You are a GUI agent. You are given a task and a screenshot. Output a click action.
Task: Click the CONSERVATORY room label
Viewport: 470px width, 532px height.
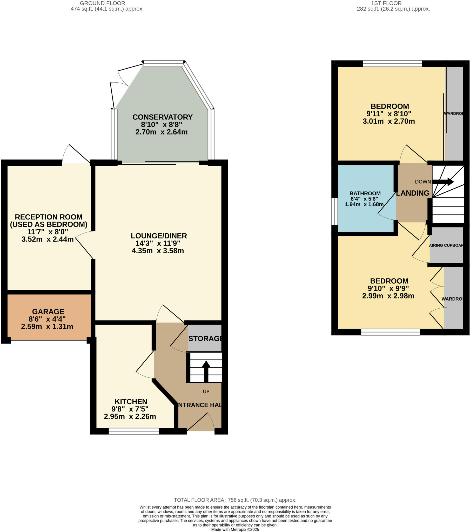pyautogui.click(x=162, y=117)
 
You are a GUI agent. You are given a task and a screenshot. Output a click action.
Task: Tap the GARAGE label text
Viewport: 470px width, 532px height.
pyautogui.click(x=48, y=311)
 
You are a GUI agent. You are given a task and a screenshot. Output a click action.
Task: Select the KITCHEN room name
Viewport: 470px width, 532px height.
pyautogui.click(x=131, y=402)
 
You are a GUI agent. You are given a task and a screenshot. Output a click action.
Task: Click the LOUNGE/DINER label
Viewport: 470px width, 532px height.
pyautogui.click(x=159, y=236)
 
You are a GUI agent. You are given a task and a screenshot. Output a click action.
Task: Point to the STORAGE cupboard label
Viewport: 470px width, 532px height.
pyautogui.click(x=205, y=339)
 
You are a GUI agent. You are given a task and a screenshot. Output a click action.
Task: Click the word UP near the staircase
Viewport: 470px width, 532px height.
pyautogui.click(x=206, y=391)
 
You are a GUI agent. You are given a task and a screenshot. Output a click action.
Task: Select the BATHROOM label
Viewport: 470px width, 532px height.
pyautogui.click(x=365, y=193)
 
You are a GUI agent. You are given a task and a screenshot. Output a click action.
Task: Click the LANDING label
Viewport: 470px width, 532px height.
pyautogui.click(x=413, y=193)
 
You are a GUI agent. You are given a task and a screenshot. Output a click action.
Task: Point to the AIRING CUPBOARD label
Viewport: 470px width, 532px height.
pyautogui.click(x=446, y=245)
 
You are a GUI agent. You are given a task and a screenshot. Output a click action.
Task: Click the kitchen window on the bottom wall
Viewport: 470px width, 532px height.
pyautogui.click(x=134, y=431)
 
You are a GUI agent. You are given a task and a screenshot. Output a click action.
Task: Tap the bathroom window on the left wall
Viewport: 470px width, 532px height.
pyautogui.click(x=334, y=211)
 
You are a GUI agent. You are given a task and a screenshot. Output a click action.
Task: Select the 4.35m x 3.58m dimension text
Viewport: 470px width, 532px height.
pyautogui.click(x=158, y=251)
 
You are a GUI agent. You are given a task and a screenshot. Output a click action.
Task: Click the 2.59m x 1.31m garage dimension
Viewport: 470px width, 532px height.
pyautogui.click(x=47, y=326)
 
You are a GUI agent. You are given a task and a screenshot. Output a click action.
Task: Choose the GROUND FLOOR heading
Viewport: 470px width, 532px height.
pyautogui.click(x=102, y=3)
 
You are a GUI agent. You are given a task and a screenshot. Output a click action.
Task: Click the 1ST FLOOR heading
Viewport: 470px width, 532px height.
pyautogui.click(x=386, y=3)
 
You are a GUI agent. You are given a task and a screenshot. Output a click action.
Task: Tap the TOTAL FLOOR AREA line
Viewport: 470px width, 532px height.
pyautogui.click(x=235, y=500)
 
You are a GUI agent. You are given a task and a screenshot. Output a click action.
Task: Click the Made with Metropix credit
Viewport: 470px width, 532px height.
pyautogui.click(x=235, y=529)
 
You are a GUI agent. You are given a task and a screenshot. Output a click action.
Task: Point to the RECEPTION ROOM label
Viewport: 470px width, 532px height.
pyautogui.click(x=49, y=217)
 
